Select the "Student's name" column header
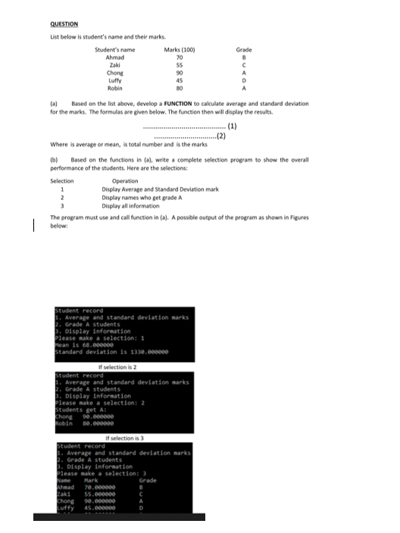click(x=115, y=50)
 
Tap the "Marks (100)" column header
click(x=180, y=50)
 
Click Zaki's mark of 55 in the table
click(x=180, y=66)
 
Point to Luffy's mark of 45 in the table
click(x=180, y=81)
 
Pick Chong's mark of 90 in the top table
click(x=180, y=73)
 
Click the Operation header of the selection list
click(x=125, y=181)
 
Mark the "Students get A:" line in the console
click(x=79, y=410)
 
